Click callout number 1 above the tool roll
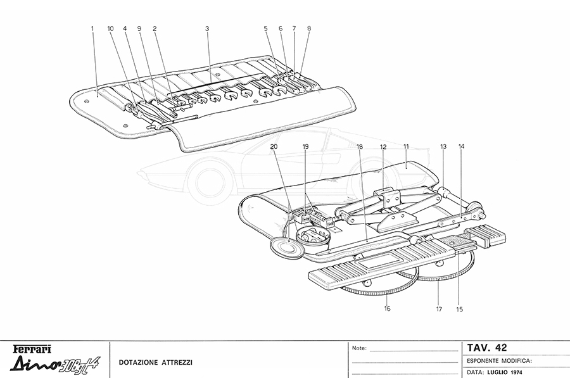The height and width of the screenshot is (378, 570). (92, 28)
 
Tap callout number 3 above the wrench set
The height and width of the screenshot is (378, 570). (207, 28)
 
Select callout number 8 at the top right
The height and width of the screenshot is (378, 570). (309, 28)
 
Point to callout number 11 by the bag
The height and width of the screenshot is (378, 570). (406, 146)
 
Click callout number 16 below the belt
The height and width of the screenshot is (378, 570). (386, 308)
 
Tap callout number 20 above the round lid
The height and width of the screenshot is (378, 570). (273, 146)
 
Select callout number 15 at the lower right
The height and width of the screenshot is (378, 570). (460, 309)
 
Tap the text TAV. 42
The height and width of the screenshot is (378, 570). (486, 348)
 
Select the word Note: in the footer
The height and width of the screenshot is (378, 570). (359, 348)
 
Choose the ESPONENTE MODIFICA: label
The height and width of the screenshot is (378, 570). (500, 360)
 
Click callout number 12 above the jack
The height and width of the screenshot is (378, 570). (383, 146)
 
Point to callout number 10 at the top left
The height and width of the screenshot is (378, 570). (110, 28)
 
